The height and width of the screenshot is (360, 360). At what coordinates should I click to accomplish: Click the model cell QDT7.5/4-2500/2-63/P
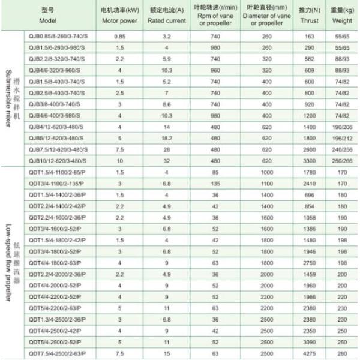tap(57, 354)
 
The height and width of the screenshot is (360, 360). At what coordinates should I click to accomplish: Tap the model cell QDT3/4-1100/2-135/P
tap(57, 184)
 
